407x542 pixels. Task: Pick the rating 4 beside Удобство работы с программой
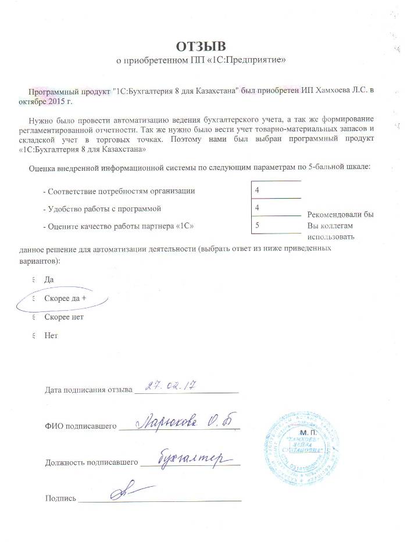point(257,207)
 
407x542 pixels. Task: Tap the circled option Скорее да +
point(65,299)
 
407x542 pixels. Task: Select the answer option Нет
point(51,335)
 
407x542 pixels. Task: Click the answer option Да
point(49,280)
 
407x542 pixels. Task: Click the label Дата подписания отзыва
point(89,389)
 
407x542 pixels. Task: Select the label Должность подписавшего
point(91,463)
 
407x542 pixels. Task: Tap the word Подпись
point(60,498)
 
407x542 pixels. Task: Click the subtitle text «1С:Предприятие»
point(255,60)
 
